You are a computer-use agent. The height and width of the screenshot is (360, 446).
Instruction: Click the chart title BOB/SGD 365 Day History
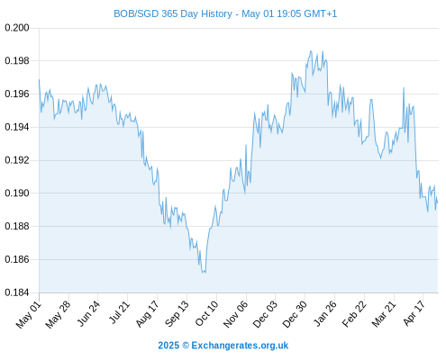tap(173, 13)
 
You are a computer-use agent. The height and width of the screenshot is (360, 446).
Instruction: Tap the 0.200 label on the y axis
tap(17, 28)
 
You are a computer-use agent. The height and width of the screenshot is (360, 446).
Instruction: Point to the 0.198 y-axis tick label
tap(17, 61)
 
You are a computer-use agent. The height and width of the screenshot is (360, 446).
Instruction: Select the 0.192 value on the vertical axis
tap(17, 160)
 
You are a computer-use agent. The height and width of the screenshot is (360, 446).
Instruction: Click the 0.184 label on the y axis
tap(17, 292)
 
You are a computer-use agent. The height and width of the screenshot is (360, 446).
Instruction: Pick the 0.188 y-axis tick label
tap(17, 226)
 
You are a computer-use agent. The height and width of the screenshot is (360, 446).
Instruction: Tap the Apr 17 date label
tap(414, 313)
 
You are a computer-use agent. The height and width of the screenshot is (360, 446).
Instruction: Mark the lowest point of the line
tap(205, 273)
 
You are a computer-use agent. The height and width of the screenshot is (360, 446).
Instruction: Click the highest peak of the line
tap(311, 51)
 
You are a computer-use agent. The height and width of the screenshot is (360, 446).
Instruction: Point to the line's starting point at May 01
tap(39, 79)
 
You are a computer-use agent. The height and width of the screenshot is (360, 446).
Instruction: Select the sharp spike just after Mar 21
tap(404, 88)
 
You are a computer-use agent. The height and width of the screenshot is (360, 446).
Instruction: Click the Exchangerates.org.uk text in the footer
tap(240, 346)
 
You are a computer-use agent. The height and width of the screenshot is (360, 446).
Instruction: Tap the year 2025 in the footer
tap(168, 346)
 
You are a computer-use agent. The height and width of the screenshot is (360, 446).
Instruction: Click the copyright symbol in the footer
tap(186, 346)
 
